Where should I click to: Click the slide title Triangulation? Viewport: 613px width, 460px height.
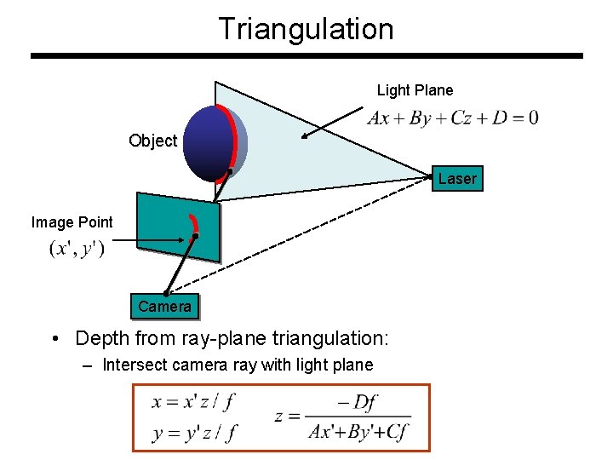[x=306, y=28]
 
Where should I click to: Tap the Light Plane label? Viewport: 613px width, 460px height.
[x=415, y=90]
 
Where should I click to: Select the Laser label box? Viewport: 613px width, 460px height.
[x=457, y=179]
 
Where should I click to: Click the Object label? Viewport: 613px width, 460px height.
[x=153, y=141]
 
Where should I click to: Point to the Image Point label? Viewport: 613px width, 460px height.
[x=72, y=222]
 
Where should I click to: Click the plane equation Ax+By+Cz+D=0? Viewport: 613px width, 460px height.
[x=452, y=118]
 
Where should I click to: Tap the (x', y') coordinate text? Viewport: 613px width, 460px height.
[x=77, y=250]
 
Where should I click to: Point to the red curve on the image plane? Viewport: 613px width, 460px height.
[x=195, y=223]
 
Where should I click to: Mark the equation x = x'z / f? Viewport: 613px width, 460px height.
[x=194, y=401]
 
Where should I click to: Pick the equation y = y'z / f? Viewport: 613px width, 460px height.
[x=194, y=432]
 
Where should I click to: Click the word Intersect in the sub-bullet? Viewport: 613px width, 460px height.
[x=133, y=365]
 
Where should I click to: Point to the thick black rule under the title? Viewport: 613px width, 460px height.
[x=306, y=56]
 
